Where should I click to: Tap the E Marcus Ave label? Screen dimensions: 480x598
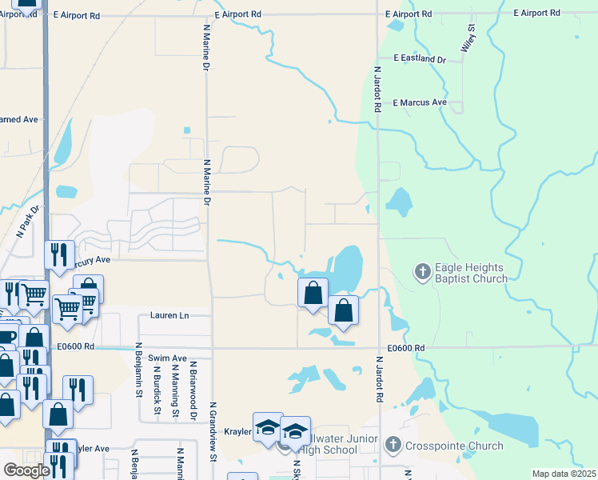pos(420,102)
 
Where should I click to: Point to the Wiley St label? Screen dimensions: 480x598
pos(468,38)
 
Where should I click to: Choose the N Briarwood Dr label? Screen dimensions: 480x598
pos(193,391)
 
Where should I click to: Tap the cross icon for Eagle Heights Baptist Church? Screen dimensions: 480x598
pos(422,272)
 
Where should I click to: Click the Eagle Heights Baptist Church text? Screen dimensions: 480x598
pos(471,274)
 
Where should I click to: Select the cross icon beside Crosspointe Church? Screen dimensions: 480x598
pos(393,445)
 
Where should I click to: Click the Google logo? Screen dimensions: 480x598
pos(26,470)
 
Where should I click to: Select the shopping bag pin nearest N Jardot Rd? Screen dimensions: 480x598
pos(343,311)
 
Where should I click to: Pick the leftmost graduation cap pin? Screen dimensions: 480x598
pos(268,427)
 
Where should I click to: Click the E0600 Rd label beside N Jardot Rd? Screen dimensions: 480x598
pos(406,348)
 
